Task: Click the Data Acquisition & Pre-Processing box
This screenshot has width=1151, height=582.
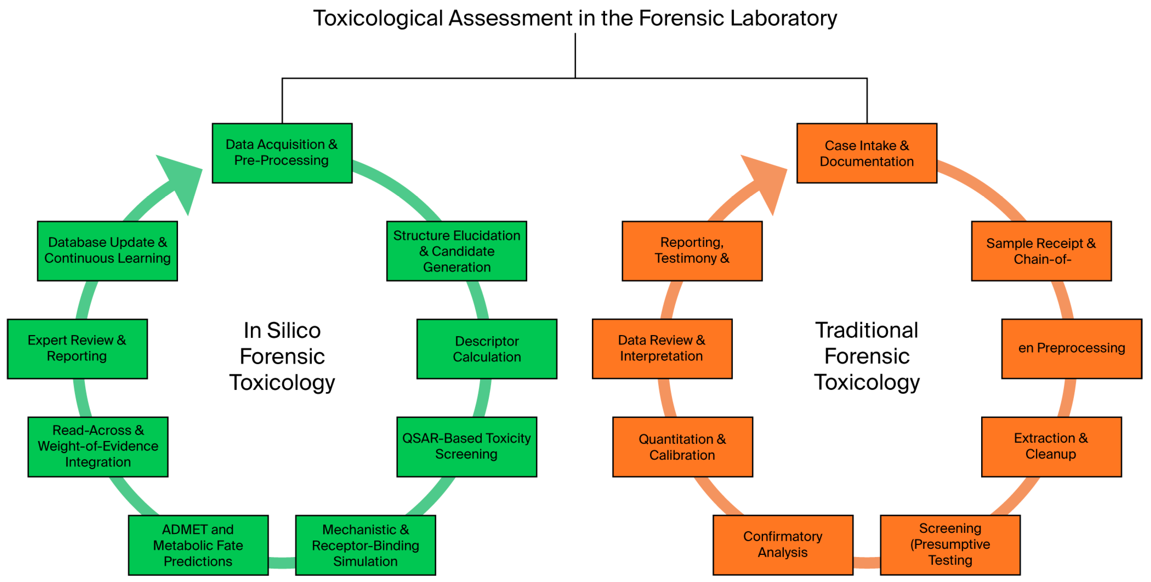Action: coord(282,153)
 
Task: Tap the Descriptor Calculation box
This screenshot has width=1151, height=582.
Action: coord(487,349)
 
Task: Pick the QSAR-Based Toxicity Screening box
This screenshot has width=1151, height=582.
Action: coord(466,447)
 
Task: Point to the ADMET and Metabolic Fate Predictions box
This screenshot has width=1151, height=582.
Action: coord(198,545)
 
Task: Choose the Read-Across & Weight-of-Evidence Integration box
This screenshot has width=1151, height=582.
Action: coord(98,447)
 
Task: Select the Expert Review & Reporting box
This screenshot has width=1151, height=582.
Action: coord(77,349)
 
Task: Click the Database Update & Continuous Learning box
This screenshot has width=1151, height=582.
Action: coord(107,251)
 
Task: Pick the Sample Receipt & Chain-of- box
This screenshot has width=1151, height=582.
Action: coord(1041,251)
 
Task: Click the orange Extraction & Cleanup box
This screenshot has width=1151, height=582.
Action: coord(1051,447)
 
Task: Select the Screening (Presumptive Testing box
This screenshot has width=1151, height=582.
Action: coord(950,545)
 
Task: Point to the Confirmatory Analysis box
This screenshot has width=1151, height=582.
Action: coord(782,545)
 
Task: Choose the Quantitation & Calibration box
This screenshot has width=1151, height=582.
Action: coord(682,447)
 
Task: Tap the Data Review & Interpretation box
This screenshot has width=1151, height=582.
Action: coord(662,349)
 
